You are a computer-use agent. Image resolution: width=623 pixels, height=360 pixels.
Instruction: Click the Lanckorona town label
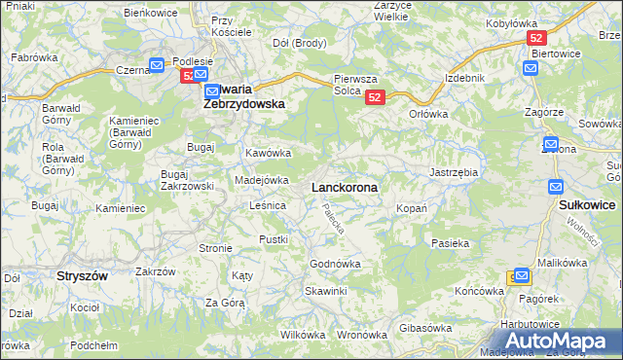point(344,186)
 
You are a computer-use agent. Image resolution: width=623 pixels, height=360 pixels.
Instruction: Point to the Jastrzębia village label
point(454,172)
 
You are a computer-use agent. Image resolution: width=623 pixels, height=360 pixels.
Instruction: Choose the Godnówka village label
point(335,264)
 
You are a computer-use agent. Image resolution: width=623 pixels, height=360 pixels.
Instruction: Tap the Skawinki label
point(325,291)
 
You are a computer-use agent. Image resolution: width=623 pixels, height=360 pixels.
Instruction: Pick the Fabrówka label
point(30,57)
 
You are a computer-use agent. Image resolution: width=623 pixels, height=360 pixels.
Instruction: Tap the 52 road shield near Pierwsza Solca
point(377,97)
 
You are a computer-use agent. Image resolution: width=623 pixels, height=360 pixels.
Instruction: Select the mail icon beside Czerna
point(158,65)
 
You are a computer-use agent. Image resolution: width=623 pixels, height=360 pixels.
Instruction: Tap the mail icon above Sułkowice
point(556,186)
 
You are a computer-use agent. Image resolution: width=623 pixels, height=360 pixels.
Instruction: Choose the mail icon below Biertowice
point(530,68)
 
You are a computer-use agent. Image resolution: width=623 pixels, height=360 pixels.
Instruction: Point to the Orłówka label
point(428,113)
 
